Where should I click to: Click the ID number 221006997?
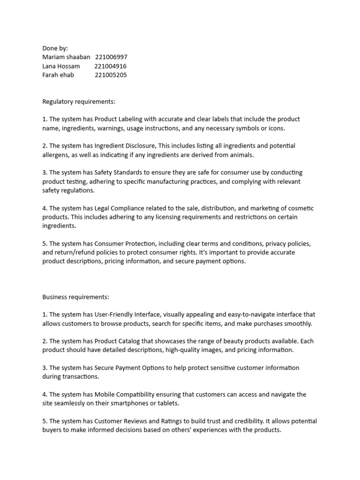[111, 57]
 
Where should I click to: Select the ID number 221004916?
[111, 66]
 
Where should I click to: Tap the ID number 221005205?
[111, 75]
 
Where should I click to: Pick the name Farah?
[50, 75]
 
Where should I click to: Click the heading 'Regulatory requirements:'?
[79, 101]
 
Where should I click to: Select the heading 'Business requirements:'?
[75, 297]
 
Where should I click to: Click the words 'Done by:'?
[55, 48]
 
